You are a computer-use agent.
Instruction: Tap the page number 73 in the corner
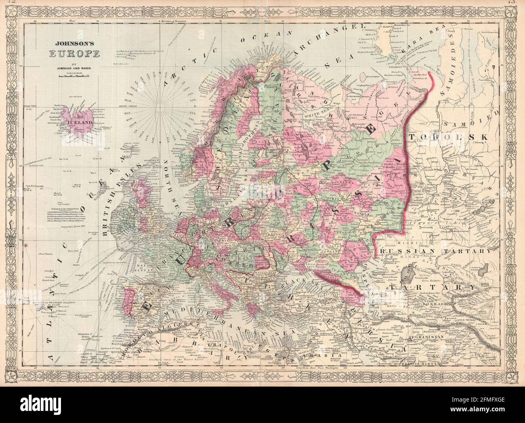coord(519,2)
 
